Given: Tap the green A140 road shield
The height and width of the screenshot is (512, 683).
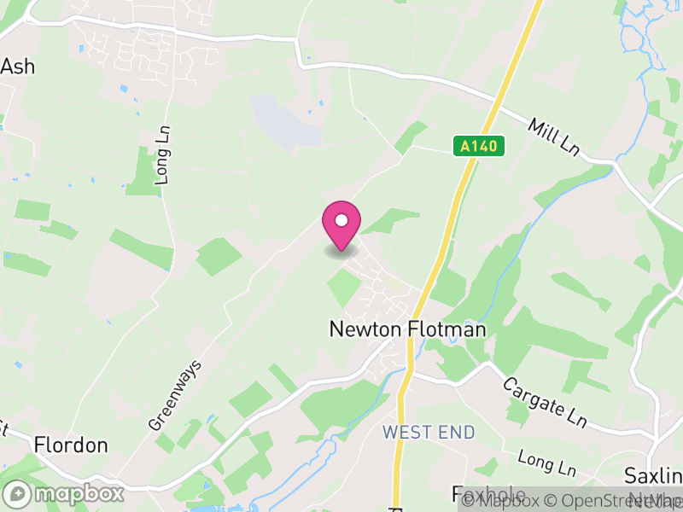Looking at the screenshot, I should (479, 147).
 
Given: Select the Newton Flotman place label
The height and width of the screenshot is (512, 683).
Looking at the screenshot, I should (408, 329).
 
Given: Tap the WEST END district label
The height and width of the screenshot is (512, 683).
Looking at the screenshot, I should (429, 433).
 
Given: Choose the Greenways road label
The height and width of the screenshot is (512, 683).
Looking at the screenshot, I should (175, 394).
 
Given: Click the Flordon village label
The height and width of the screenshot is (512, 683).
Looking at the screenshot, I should (71, 445).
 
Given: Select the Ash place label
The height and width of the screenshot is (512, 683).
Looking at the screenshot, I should (18, 67).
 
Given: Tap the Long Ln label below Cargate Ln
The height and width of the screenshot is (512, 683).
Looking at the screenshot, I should (547, 465).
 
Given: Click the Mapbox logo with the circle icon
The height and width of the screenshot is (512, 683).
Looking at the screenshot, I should (64, 493).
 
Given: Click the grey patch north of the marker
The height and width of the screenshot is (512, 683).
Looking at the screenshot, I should (285, 122).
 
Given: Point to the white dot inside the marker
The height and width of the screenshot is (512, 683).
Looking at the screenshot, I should (341, 220).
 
